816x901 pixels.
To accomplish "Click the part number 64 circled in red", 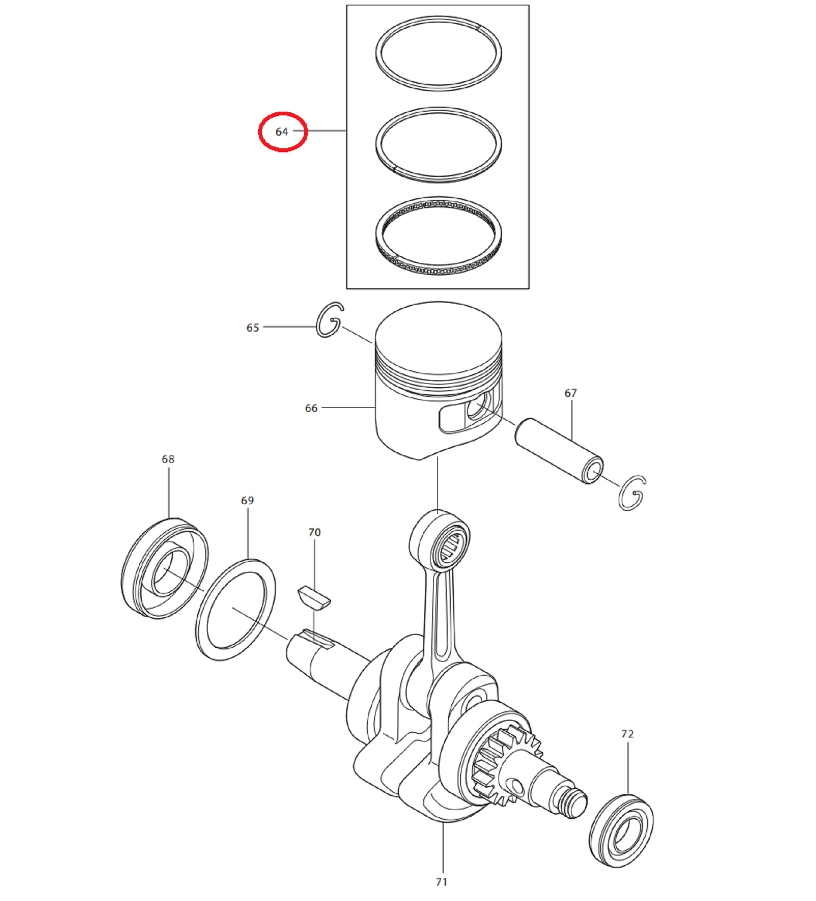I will pos(281,132).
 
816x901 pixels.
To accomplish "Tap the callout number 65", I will pos(253,328).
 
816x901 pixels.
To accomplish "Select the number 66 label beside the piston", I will pos(311,408).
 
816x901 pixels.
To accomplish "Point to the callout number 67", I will pos(571,393).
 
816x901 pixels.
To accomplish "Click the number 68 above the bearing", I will pos(168,459).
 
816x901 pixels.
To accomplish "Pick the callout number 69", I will pos(247,501).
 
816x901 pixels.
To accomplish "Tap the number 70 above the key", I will pos(314,532).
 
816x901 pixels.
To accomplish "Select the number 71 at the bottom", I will pos(441,882).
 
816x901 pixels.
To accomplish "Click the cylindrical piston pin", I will pos(559,450).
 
